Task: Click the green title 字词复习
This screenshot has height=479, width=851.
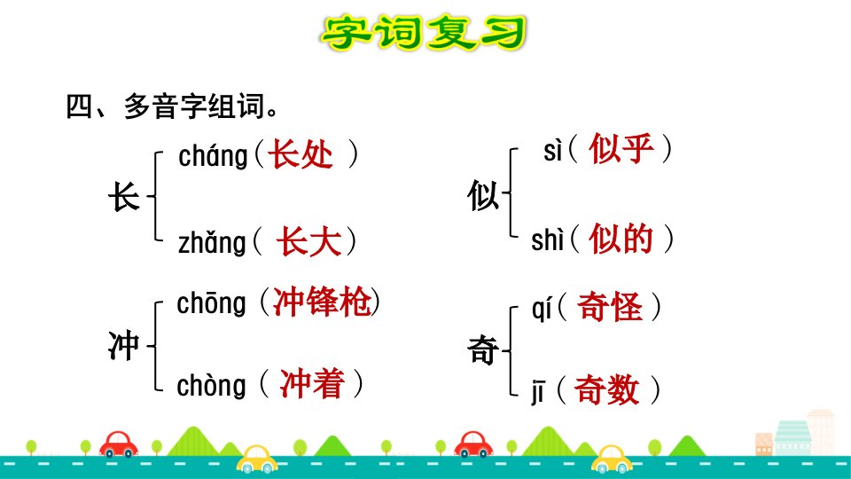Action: click(x=424, y=34)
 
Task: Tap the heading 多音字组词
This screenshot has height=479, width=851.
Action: click(x=193, y=106)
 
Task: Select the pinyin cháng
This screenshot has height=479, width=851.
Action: click(x=213, y=156)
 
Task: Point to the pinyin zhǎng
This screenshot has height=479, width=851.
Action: click(x=212, y=242)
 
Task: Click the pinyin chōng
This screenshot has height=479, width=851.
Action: click(x=211, y=303)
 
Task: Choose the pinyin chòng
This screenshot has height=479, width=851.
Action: click(x=211, y=386)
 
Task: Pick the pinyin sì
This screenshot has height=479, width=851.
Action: click(x=552, y=151)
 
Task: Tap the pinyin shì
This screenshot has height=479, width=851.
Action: click(x=548, y=239)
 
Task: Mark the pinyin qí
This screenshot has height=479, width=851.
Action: click(x=542, y=310)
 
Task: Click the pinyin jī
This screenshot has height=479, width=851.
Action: click(x=538, y=392)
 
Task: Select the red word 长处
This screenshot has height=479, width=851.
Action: click(x=301, y=154)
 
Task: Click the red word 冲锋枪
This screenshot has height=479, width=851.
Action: click(x=322, y=302)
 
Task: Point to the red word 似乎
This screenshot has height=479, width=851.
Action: click(x=621, y=148)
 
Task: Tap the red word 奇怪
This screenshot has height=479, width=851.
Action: click(x=610, y=307)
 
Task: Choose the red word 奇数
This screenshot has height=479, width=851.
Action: click(x=606, y=389)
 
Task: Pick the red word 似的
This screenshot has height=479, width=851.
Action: click(x=621, y=239)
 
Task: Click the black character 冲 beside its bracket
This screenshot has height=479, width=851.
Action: click(x=124, y=345)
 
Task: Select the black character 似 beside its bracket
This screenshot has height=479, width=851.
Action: click(x=483, y=195)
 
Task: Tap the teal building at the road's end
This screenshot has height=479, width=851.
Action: click(x=792, y=437)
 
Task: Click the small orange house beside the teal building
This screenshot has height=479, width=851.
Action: click(x=764, y=444)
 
